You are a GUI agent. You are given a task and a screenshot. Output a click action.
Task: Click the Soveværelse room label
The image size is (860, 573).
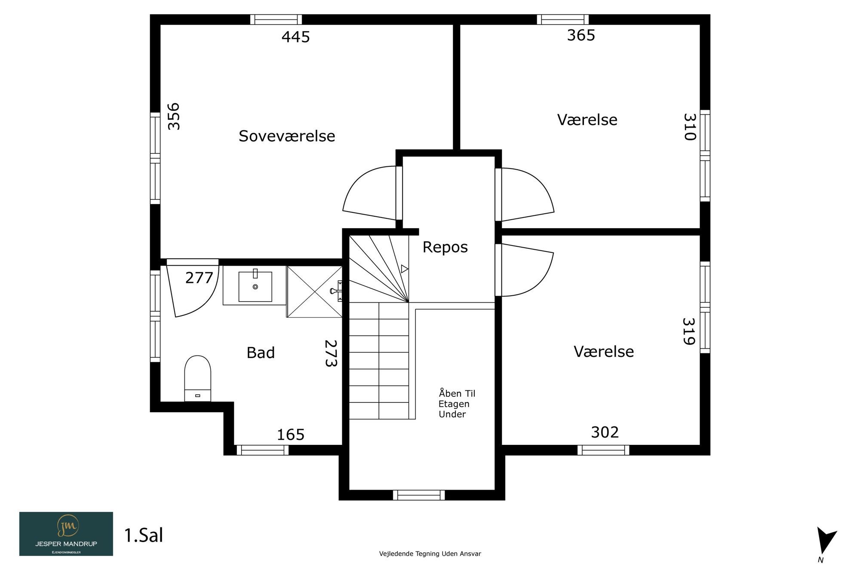coord(287,136)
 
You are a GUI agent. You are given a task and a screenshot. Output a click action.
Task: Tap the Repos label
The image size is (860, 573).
coord(445,247)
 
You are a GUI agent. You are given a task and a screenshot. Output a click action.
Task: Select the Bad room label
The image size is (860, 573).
coord(261,352)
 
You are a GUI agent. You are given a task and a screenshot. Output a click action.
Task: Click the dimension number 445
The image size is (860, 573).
coord(296,37)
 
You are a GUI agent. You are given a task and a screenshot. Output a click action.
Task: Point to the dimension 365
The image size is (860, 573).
coord(581,35)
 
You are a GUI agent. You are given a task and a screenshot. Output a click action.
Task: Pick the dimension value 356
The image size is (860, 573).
coord(174,116)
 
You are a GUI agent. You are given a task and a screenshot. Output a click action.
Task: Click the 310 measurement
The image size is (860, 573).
coord(690,127)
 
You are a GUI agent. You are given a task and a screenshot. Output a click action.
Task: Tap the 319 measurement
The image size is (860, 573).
coord(689,331)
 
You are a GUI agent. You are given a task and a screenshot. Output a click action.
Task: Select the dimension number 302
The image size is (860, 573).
coord(605,432)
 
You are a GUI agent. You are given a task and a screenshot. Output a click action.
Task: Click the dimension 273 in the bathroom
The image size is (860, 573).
coord(331,353)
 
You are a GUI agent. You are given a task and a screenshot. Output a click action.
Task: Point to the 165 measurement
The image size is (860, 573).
coord(291,435)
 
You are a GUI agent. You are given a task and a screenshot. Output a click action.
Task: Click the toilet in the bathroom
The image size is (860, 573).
coord(198,378)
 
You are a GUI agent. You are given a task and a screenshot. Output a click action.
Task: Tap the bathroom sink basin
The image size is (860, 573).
coord(255,286)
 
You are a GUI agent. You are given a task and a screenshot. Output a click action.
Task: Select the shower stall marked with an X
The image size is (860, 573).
coord(314,292)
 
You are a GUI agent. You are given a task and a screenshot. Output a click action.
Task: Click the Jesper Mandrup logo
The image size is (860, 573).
coord(66,534)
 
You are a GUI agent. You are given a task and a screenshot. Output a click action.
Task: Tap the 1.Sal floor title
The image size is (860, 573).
coord(144,535)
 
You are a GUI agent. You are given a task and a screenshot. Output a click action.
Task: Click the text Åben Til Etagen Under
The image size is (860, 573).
coord(457,404)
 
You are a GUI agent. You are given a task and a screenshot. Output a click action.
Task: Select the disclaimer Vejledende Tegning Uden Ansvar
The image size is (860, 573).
coord(430,554)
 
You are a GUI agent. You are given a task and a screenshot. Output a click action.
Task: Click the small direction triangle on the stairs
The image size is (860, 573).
coord(404,269)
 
